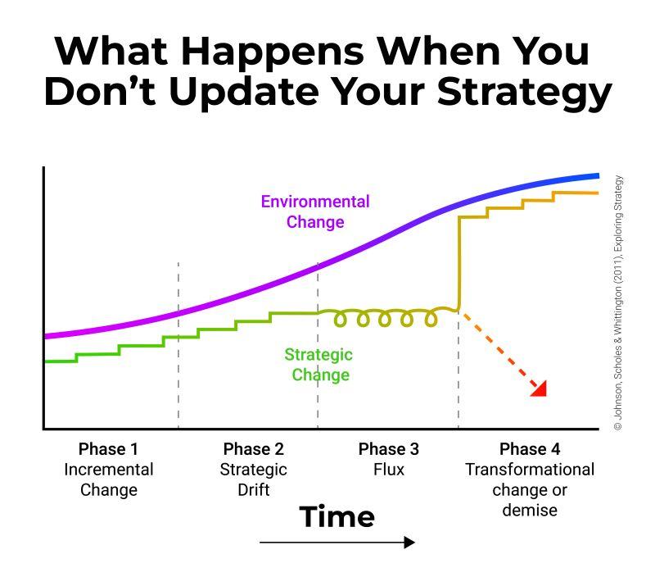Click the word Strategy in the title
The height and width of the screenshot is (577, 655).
pos(525,93)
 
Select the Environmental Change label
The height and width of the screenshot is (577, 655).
pos(315,211)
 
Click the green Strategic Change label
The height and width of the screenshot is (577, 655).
pos(319,365)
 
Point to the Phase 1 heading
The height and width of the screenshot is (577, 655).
pos(108,449)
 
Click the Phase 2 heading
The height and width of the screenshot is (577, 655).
pos(254,449)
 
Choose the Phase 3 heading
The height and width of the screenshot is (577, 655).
pos(388,449)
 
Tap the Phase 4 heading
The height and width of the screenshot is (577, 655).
pos(530,449)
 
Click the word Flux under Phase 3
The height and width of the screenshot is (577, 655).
pos(389,470)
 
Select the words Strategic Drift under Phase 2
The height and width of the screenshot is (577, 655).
pos(254,479)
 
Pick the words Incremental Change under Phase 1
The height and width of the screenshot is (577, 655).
pos(109,479)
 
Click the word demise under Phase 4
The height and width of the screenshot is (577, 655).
pos(530,510)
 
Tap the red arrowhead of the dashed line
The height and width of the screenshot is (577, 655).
pos(540,389)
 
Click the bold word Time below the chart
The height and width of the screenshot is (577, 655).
pos(337,517)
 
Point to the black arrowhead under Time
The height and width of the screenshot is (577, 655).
pos(410,543)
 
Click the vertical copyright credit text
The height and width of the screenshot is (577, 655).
pos(618,303)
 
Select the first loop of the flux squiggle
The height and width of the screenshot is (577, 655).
pos(341,319)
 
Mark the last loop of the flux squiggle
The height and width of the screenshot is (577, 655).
pos(431,319)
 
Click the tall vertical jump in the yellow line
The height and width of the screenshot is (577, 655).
pos(459,263)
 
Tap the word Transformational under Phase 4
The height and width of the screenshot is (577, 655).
pos(530,470)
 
